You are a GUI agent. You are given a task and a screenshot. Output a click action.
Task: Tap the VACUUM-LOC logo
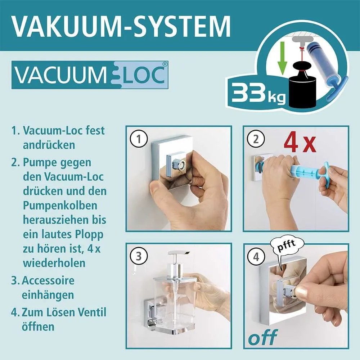(90, 75)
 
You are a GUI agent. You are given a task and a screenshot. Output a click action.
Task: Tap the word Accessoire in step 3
(49, 280)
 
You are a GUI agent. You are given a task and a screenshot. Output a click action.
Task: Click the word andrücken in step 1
(49, 145)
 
